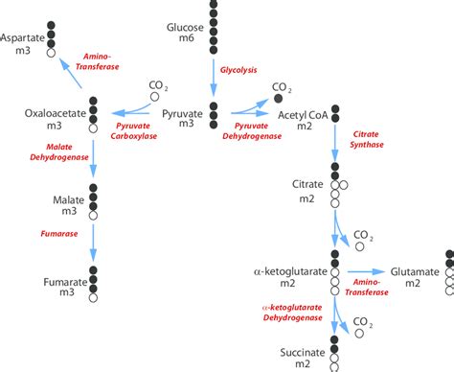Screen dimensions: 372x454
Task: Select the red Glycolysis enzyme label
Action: tap(238, 69)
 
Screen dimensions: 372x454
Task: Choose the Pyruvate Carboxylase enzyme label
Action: tap(140, 130)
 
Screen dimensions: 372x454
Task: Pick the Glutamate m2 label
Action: tap(414, 278)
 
